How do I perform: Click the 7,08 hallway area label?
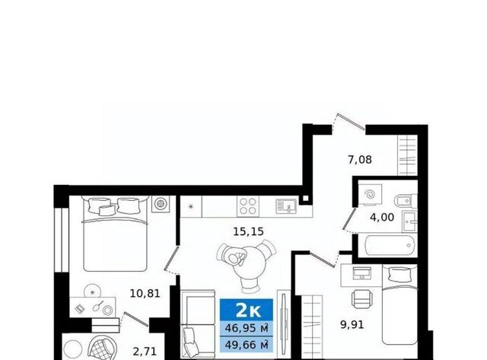(360, 160)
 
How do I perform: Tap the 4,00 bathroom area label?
(382, 217)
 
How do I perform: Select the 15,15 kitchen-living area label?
(248, 231)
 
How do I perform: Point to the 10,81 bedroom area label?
(145, 294)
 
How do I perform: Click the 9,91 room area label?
(352, 325)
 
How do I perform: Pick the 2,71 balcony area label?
(145, 352)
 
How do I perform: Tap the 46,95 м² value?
(247, 328)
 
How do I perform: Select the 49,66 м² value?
(247, 345)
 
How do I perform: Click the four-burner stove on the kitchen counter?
(248, 206)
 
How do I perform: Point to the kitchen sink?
(286, 206)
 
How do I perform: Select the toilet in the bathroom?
(406, 201)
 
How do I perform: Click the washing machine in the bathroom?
(370, 195)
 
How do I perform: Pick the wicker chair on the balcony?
(103, 348)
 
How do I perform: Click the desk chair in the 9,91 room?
(362, 298)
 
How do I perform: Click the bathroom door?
(349, 220)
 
